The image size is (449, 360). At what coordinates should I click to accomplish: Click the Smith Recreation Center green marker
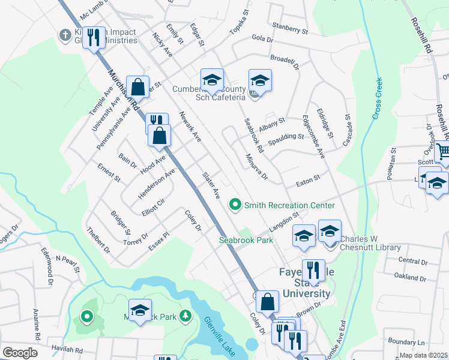[x=235, y=205]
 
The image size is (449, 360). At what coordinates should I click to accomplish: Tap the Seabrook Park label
[x=246, y=240]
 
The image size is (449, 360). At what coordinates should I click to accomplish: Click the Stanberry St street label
[x=289, y=28]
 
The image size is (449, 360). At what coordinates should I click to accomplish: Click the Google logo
[x=20, y=352]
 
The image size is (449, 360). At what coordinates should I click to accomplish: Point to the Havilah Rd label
[x=66, y=350]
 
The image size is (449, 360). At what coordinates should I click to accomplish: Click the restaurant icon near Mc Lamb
[x=94, y=38]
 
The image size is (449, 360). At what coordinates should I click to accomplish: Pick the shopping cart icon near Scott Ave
[x=443, y=152]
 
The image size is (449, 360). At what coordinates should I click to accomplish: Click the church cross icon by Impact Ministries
[x=64, y=35]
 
